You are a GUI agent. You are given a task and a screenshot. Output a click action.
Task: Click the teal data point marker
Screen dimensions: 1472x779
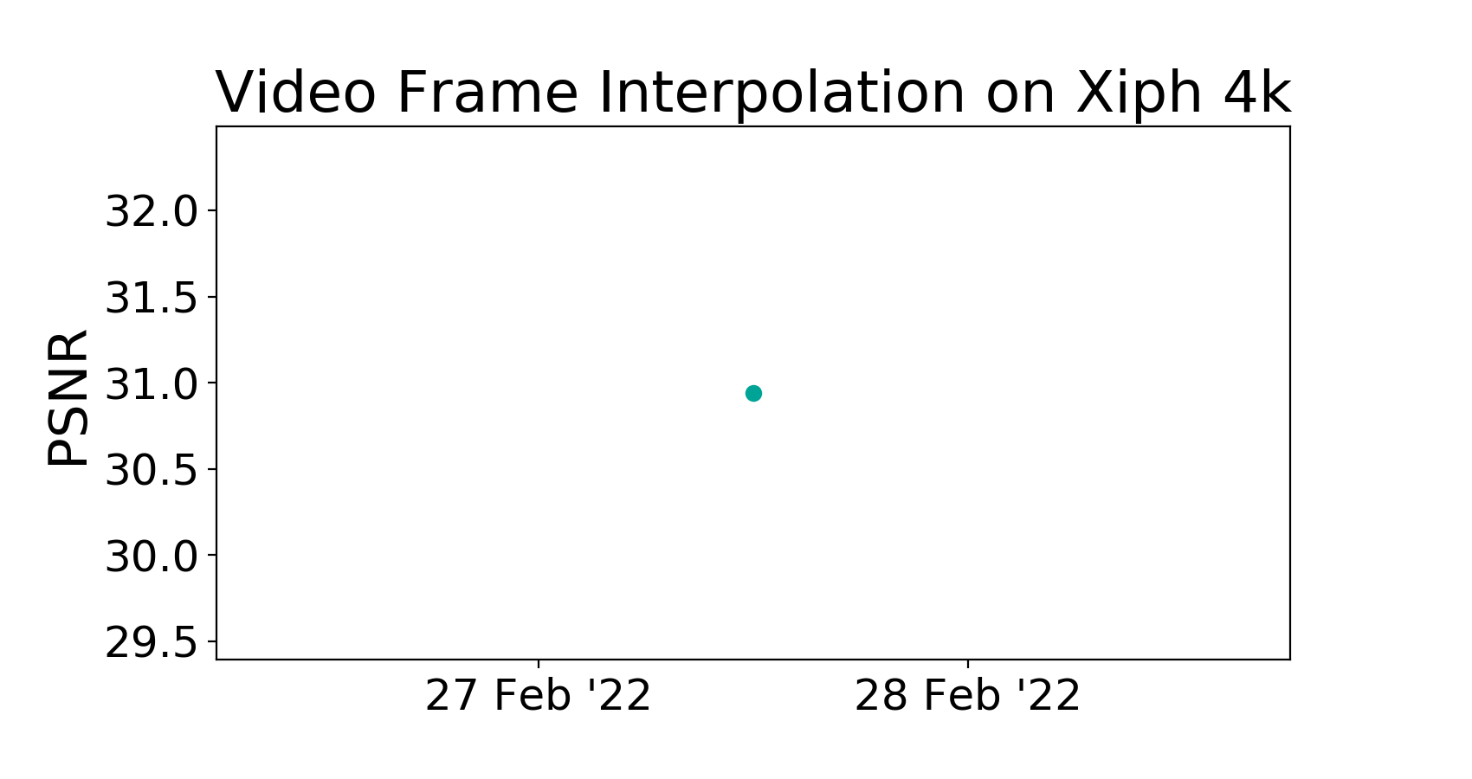[x=753, y=394]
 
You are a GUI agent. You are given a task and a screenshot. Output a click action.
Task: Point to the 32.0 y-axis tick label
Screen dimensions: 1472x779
[x=152, y=211]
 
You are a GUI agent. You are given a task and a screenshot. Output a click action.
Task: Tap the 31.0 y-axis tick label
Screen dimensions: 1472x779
[x=152, y=384]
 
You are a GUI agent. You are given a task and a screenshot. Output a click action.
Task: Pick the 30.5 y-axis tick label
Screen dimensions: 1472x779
[x=152, y=470]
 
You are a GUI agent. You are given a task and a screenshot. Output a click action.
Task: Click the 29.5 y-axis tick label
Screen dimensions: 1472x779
[x=152, y=643]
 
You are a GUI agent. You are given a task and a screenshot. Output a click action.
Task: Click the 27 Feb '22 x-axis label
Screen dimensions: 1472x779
[x=539, y=696]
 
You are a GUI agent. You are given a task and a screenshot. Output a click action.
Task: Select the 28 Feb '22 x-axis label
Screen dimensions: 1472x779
[x=967, y=696]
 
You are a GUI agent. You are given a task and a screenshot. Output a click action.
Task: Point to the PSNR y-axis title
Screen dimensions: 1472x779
[x=68, y=398]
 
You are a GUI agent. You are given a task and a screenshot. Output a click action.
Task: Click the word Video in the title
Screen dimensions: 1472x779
[x=296, y=93]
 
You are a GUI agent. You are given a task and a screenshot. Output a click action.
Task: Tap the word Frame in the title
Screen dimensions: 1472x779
[x=487, y=93]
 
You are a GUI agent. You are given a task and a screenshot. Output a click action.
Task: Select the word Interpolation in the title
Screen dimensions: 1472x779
[x=782, y=96]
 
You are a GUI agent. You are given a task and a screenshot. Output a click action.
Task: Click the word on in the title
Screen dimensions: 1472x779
[x=1020, y=99]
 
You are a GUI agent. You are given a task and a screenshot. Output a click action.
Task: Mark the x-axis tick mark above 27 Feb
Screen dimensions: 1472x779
[x=539, y=664]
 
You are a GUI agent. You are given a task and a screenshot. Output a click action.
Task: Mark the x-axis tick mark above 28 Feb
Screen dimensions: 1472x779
[x=967, y=664]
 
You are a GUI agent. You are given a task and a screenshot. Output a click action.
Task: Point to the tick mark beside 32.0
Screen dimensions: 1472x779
[x=211, y=210]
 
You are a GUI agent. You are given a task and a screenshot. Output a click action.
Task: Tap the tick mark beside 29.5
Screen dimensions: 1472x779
[x=211, y=641]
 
